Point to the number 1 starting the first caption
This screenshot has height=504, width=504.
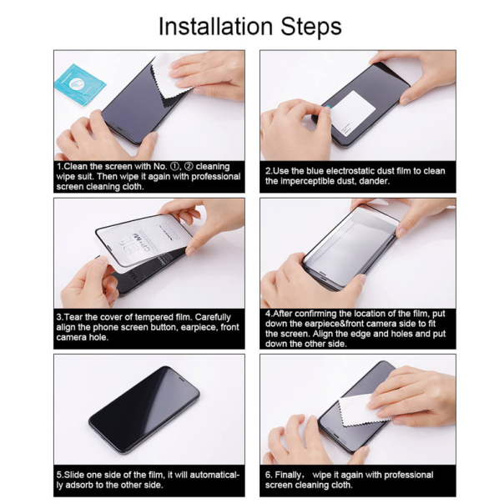tap(58, 167)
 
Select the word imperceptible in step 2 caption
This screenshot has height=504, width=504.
tap(313, 180)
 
